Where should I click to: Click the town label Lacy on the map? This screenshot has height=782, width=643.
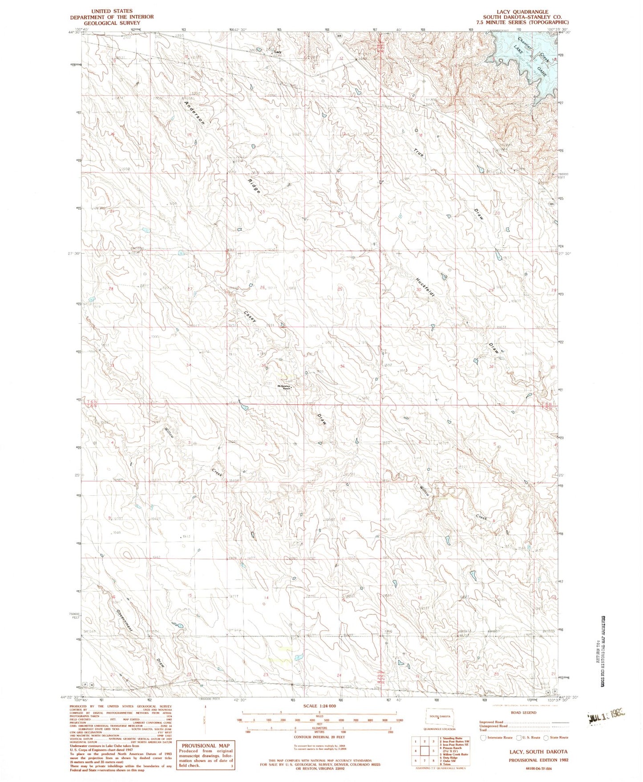[278, 52]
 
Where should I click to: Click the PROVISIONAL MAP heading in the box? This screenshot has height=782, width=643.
[206, 746]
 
